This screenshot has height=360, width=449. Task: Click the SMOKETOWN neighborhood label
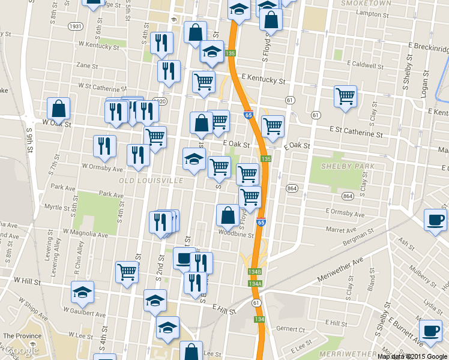pos(366,3)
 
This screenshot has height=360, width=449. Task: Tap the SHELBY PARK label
pos(348,166)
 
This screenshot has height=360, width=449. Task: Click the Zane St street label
pos(87,65)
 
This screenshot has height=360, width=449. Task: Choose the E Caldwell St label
pos(363,64)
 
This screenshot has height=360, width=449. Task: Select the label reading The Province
pos(22,336)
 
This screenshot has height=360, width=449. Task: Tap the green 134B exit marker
pos(255,272)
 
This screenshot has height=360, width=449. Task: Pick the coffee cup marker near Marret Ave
pos(435,220)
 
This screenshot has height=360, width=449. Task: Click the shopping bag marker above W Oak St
pos(59,108)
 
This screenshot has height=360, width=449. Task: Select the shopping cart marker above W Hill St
pos(127,272)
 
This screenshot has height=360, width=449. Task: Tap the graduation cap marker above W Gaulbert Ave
pos(82,292)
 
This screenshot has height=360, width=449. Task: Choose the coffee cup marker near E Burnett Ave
pos(430,331)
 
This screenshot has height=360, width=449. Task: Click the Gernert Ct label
pos(291,329)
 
